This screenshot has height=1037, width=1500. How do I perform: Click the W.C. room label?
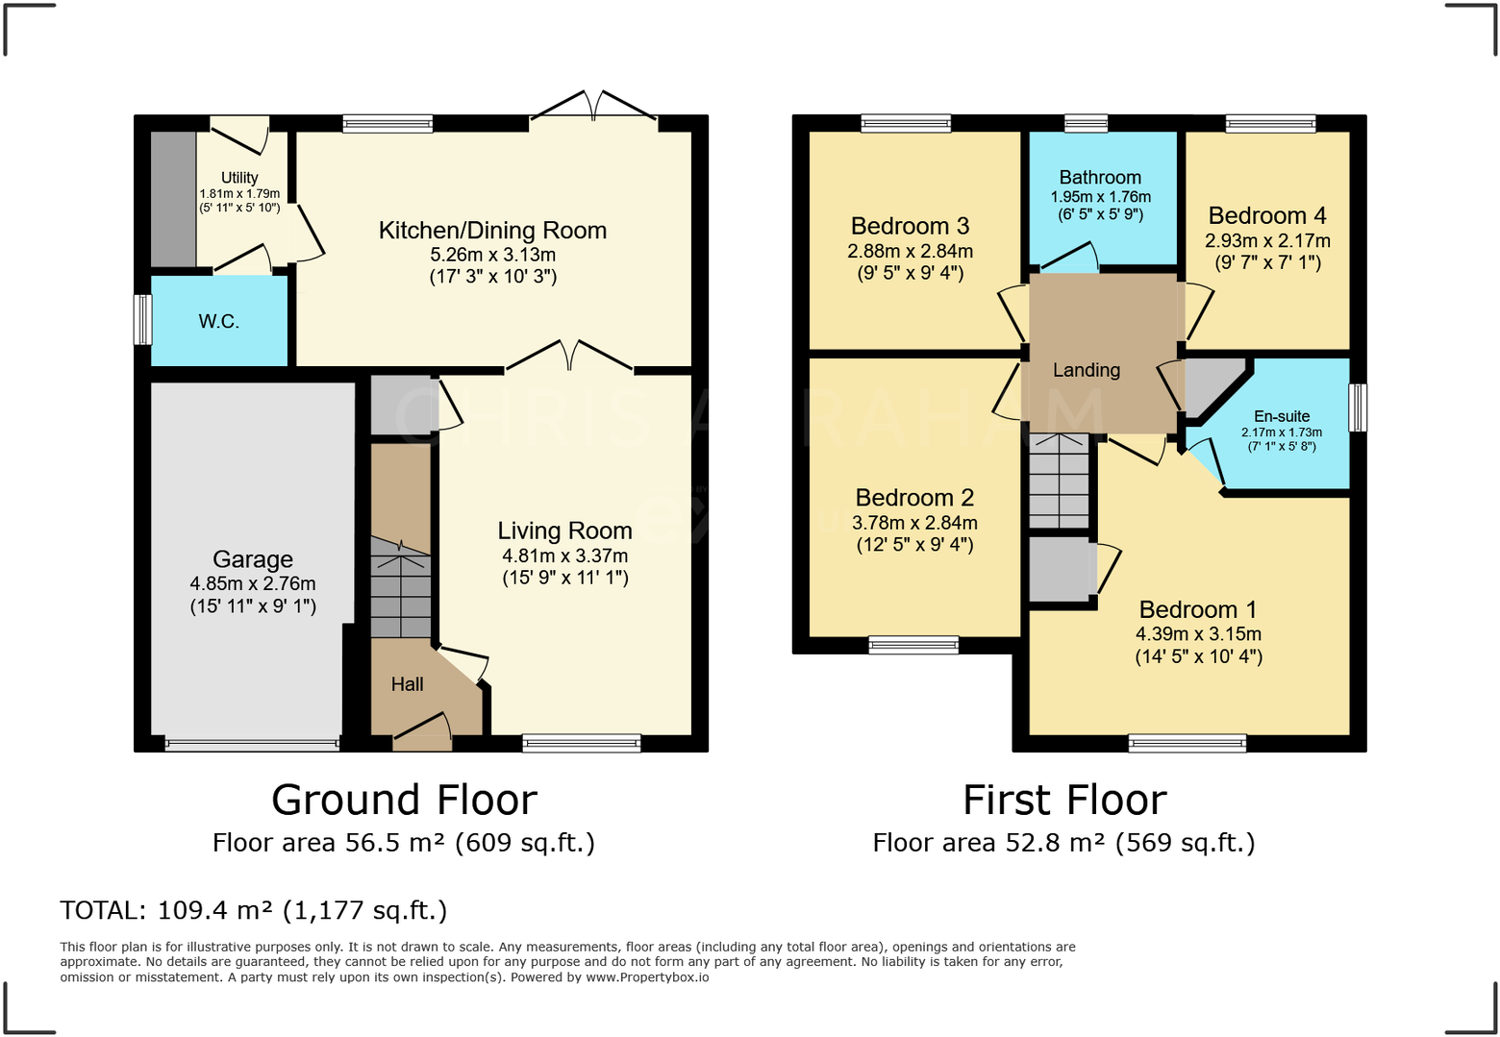click(219, 321)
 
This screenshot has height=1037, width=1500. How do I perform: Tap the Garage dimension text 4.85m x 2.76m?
click(253, 583)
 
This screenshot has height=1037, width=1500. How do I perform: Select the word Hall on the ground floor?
click(407, 684)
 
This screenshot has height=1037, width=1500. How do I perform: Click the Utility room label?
click(239, 178)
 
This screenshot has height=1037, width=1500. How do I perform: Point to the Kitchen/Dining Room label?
click(493, 231)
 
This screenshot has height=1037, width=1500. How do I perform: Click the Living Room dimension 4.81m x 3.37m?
click(565, 556)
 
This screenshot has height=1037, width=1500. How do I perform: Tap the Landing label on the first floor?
click(1087, 370)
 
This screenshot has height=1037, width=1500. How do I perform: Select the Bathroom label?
click(1100, 178)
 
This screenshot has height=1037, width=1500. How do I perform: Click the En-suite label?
click(1282, 416)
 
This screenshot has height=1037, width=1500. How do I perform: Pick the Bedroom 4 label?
click(1267, 215)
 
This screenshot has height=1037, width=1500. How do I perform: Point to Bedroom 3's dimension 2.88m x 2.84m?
click(910, 251)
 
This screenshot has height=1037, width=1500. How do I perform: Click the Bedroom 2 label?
click(914, 498)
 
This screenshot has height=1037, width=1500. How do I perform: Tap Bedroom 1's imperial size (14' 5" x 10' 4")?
click(1199, 656)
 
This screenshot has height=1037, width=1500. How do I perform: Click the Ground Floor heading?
click(405, 800)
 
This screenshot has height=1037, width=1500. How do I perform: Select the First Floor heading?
click(1064, 800)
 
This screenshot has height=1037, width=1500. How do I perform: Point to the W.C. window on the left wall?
click(142, 320)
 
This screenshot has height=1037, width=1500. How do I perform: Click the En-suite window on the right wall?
click(1358, 407)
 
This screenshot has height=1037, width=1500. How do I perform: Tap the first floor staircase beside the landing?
click(1060, 481)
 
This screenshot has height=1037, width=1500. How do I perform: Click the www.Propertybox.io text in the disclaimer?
click(647, 976)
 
